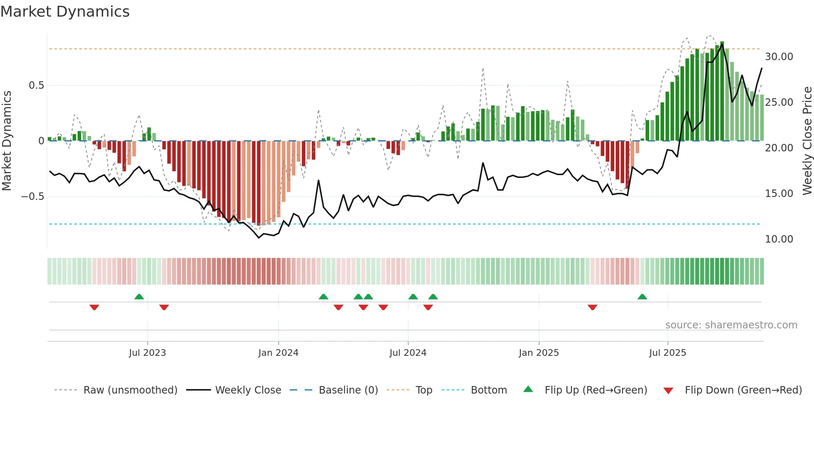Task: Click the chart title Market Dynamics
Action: point(65,12)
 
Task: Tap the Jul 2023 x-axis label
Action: point(147,353)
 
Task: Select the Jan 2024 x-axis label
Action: point(278,353)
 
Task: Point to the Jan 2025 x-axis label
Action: point(539,353)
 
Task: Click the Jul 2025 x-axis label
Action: point(667,353)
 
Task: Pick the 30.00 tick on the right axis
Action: point(779,57)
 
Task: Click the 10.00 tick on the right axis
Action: point(779,239)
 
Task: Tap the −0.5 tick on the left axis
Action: point(33,197)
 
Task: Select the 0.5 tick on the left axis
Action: point(36,85)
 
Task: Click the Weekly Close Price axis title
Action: point(807,141)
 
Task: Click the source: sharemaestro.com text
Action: point(731,325)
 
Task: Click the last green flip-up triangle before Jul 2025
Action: point(642,297)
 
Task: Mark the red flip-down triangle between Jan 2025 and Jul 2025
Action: point(592,307)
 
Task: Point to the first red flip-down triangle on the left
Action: point(94,307)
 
